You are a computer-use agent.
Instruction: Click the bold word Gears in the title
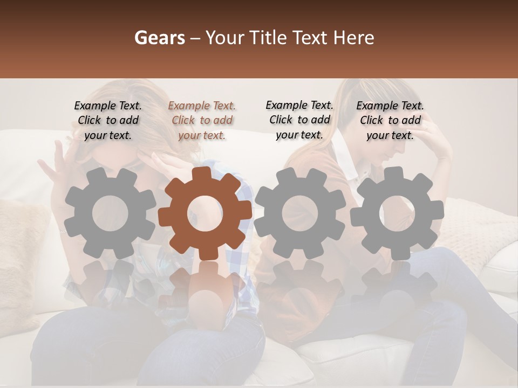pyautogui.click(x=160, y=38)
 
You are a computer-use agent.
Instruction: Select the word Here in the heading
pyautogui.click(x=354, y=38)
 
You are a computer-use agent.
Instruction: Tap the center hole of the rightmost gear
pyautogui.click(x=397, y=212)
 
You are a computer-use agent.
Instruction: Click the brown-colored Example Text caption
pyautogui.click(x=202, y=121)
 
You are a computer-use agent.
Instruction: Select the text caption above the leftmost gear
pyautogui.click(x=108, y=121)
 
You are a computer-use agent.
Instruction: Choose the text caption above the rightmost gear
pyautogui.click(x=390, y=121)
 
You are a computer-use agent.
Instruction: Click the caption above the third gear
pyautogui.click(x=299, y=120)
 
